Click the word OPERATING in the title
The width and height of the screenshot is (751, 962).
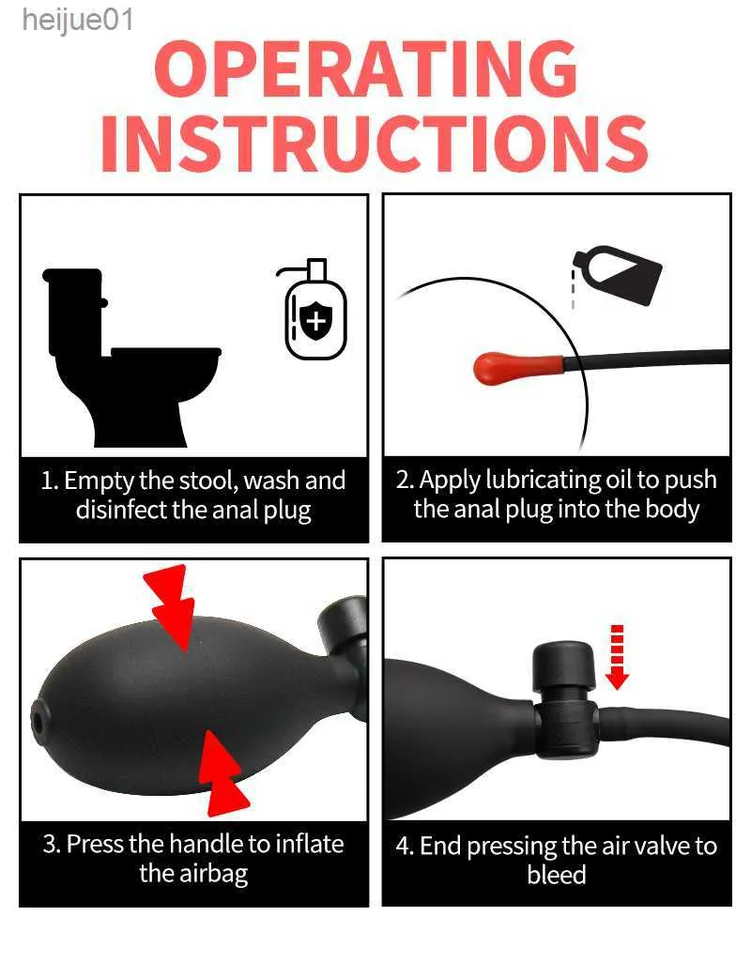coord(366,69)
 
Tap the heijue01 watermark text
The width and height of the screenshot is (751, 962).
coord(77,21)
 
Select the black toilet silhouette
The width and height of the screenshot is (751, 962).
coord(131,357)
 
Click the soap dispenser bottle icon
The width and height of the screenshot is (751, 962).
coord(314,310)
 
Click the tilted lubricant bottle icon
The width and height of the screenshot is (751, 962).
coord(618,274)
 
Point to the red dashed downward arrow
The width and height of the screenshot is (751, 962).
coord(618,657)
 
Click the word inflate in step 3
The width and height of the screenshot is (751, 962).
coord(309,844)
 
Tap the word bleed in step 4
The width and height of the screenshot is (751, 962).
coord(557,875)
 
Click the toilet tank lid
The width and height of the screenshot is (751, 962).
coord(71,276)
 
